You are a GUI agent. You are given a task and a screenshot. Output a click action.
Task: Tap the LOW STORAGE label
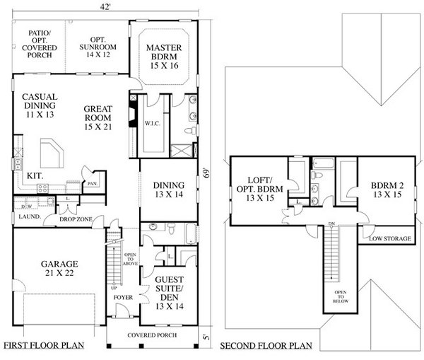click(389, 239)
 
